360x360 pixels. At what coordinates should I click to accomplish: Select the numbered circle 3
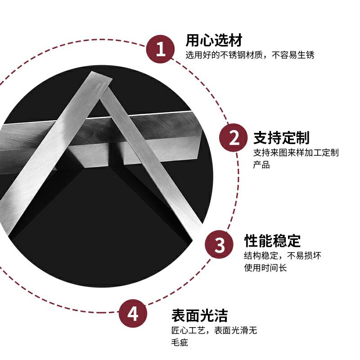(219, 245)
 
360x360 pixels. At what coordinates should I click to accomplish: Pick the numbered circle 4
(133, 313)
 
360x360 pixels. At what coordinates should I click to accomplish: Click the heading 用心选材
(214, 40)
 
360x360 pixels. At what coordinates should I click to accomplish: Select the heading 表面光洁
(200, 314)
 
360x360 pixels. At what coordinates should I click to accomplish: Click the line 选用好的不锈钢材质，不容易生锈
(250, 55)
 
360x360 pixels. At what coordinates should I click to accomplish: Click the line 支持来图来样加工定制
(296, 153)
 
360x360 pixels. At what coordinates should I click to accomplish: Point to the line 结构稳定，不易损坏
(282, 256)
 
